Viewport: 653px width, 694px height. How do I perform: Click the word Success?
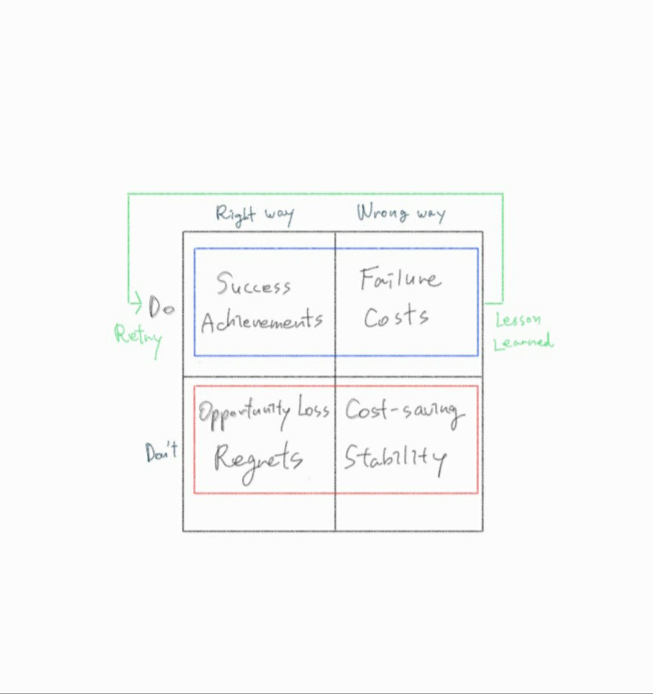(x=253, y=284)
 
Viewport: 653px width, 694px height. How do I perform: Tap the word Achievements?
(x=262, y=320)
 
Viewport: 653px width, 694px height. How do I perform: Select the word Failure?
(x=400, y=279)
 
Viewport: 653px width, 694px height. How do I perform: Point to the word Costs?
(x=396, y=316)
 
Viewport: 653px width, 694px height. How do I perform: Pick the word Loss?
(x=313, y=407)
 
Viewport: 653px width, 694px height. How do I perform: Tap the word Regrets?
(x=258, y=462)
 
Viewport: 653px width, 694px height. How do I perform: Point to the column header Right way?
(x=255, y=215)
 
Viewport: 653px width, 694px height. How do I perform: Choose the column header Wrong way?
(x=401, y=214)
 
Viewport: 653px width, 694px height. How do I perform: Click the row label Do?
(x=161, y=307)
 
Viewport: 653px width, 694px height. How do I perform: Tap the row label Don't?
(x=161, y=451)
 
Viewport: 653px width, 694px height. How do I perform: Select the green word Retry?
(x=138, y=338)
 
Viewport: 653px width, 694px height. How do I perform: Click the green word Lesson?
(x=518, y=320)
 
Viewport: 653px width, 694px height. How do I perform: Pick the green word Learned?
(x=524, y=341)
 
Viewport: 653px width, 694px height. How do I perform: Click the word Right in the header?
(x=235, y=215)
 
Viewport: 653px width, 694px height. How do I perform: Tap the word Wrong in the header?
(x=382, y=212)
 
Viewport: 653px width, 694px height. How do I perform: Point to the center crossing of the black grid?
(x=336, y=377)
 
